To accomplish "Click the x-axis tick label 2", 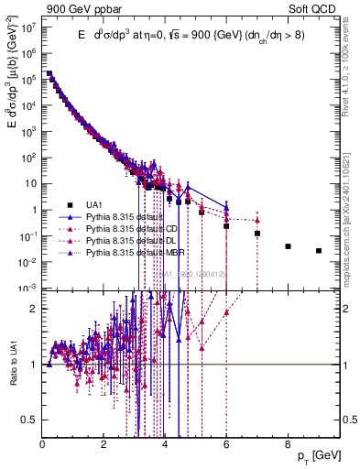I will pos(104,443).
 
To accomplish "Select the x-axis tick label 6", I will pos(226,443).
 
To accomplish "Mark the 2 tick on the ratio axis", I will pos(35,309).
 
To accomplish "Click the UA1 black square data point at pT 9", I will pos(319,250).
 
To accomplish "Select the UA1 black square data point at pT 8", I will pos(288,246).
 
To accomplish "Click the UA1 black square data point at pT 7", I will pos(257,234).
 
